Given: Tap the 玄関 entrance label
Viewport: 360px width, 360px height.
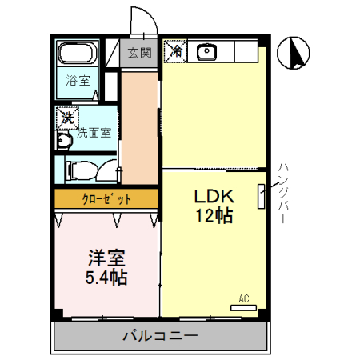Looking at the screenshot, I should [139, 54].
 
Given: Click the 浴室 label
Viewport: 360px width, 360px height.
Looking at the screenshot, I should [77, 80].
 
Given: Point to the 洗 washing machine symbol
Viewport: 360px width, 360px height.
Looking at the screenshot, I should [67, 117].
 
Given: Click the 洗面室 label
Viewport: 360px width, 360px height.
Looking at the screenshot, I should [94, 133].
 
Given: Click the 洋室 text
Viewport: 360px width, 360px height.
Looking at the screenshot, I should [108, 259].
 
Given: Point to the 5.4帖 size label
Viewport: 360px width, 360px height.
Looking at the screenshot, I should [108, 278].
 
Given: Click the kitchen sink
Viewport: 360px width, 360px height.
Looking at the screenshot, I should [207, 52].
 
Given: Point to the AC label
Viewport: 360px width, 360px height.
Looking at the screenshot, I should [244, 299].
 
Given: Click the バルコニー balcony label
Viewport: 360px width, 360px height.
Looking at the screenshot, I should [159, 335].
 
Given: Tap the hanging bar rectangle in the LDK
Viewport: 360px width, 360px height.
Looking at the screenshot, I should [260, 196].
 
